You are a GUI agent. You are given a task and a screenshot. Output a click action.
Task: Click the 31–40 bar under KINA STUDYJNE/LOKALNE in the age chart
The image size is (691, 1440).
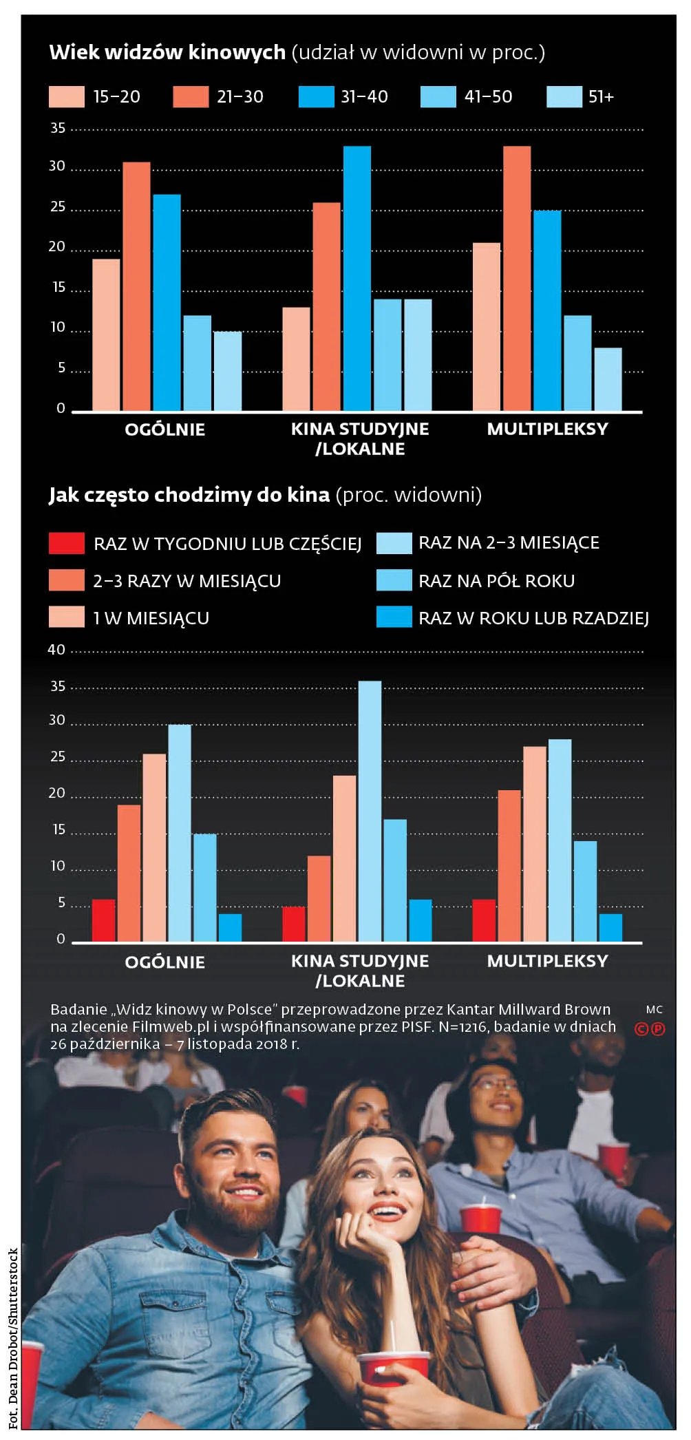(x=357, y=278)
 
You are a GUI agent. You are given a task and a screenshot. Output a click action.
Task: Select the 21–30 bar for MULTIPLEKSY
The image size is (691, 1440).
(x=517, y=278)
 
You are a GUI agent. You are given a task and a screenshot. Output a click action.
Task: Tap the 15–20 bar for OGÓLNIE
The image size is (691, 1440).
(x=106, y=335)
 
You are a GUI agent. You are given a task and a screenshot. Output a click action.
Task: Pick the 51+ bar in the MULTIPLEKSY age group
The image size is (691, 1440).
(x=608, y=379)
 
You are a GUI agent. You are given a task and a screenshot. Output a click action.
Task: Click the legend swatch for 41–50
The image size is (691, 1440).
(x=438, y=97)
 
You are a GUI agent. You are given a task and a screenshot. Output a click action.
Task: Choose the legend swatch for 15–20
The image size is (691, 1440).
(x=67, y=97)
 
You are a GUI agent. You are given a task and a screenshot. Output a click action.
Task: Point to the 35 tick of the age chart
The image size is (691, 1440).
(x=58, y=129)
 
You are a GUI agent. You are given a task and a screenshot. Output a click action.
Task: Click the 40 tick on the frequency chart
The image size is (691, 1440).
(x=56, y=650)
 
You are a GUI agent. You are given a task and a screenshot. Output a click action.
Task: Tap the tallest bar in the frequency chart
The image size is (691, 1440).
(x=370, y=811)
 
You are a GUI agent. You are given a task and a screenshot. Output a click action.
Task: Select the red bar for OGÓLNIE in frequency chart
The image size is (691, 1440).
(x=103, y=920)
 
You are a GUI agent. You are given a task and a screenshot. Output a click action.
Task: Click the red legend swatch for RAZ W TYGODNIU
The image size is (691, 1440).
(x=67, y=543)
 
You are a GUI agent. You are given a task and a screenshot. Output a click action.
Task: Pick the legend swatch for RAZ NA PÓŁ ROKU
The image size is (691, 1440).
(x=394, y=580)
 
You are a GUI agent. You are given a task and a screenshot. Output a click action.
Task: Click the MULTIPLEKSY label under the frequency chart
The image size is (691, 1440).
(x=548, y=961)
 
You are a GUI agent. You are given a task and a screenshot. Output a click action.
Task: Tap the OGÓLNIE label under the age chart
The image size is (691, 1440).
(x=165, y=430)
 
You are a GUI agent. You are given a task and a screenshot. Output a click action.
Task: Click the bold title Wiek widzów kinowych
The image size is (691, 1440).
(x=167, y=52)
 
